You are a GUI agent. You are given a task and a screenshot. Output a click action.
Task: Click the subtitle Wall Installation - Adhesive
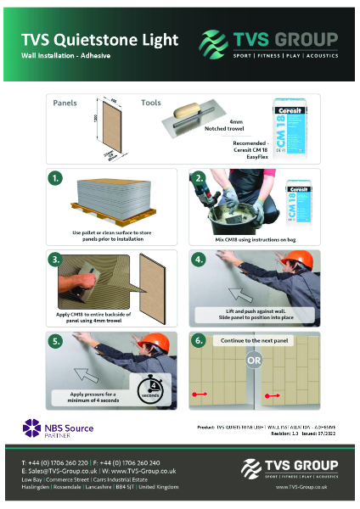click(66, 55)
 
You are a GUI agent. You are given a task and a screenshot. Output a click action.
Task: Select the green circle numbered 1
click(56, 179)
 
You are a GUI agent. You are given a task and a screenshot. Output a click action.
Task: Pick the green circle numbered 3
click(56, 260)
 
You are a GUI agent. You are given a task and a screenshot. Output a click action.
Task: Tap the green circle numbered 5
click(56, 340)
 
